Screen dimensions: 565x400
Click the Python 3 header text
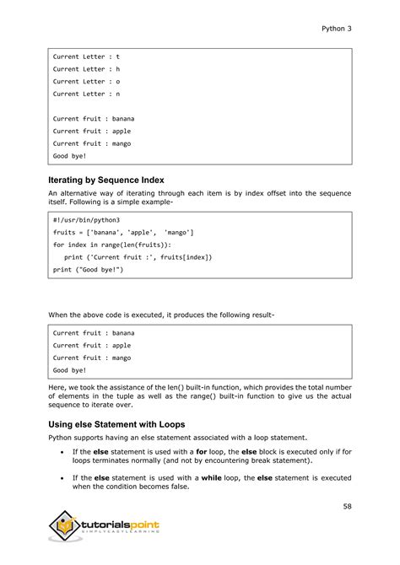pyautogui.click(x=336, y=28)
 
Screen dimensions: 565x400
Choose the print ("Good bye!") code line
pyautogui.click(x=89, y=270)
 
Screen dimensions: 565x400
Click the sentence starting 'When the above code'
pyautogui.click(x=160, y=315)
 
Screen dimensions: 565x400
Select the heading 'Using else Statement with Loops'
pyautogui.click(x=116, y=424)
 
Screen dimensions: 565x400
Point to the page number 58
pyautogui.click(x=347, y=507)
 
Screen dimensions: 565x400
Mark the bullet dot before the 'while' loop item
pyautogui.click(x=64, y=478)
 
